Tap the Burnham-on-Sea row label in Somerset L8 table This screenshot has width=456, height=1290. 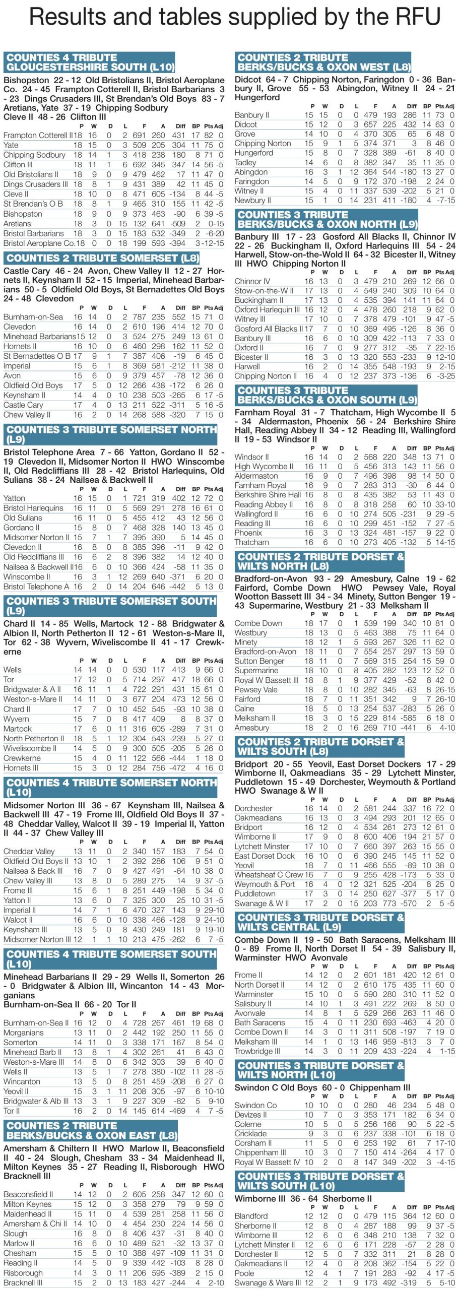point(33,317)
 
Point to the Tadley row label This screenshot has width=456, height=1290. point(245,162)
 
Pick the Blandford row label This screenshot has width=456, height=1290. point(251,1215)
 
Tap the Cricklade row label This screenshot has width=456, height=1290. point(250,1133)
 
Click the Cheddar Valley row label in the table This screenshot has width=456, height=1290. point(29,851)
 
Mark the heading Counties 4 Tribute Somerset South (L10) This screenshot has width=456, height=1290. point(110,958)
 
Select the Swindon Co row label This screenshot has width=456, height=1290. point(255,1105)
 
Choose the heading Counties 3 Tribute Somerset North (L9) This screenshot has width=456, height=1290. point(110,434)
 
